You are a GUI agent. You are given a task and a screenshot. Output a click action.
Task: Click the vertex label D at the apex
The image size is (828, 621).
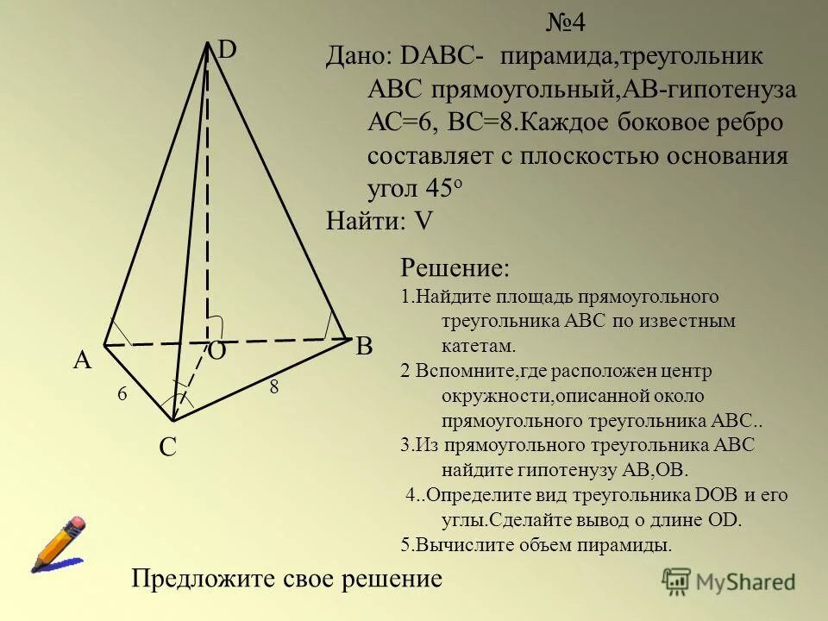coord(228,50)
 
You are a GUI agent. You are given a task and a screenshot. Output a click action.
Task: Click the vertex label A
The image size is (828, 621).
coord(82,361)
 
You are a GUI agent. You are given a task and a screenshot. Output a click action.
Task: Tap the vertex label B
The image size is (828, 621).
coord(365,348)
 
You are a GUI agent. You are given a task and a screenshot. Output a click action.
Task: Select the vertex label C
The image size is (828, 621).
coord(167,448)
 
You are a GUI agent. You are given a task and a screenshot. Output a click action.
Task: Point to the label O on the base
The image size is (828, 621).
coord(216,351)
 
